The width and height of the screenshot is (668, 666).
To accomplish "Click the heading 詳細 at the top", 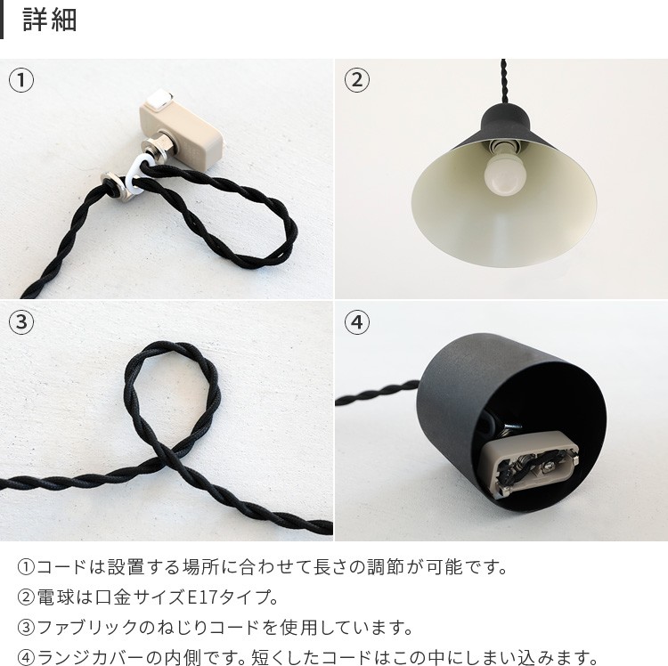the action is click(50, 20).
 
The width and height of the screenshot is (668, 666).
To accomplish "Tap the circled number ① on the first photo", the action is click(21, 79).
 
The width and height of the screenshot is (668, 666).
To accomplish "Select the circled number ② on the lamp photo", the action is click(356, 79).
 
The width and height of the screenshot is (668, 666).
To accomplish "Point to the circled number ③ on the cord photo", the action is click(21, 321).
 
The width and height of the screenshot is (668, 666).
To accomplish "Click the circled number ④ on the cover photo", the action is click(356, 321).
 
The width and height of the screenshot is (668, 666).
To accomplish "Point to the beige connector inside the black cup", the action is click(532, 463).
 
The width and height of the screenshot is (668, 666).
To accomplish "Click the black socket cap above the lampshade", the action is click(506, 119).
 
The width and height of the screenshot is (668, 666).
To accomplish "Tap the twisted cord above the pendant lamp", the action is click(504, 81).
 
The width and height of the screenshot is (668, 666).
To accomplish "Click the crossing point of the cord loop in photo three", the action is click(170, 458).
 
